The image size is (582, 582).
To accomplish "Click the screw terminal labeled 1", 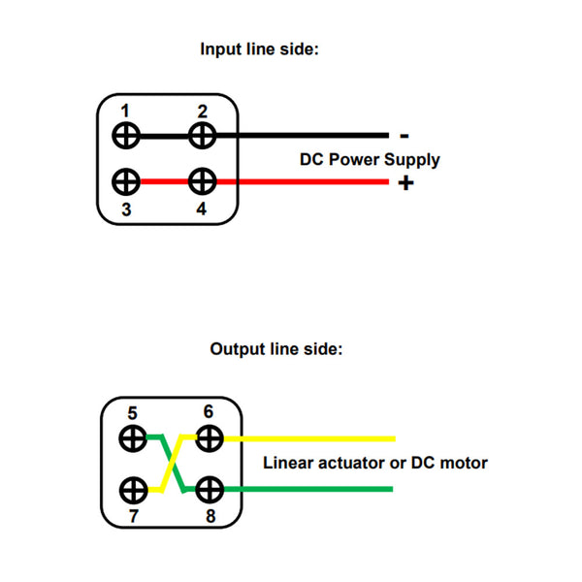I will click(x=127, y=135).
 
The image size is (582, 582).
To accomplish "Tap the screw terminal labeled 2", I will click(x=202, y=135).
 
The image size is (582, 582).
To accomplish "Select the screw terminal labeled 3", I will click(x=127, y=181).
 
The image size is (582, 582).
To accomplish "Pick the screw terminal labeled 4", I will click(x=202, y=181).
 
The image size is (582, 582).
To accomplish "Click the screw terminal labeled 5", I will click(x=133, y=438).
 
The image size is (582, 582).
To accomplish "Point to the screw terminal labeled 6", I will click(x=209, y=438).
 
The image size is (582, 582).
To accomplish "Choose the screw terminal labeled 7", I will click(x=133, y=489).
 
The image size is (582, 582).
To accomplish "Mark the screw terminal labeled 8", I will click(x=209, y=489).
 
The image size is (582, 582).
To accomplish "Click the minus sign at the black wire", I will click(x=404, y=136).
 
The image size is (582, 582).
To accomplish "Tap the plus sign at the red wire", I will click(x=404, y=182).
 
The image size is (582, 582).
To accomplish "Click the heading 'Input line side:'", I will click(x=259, y=48).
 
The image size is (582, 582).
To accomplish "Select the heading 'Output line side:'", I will click(x=276, y=348).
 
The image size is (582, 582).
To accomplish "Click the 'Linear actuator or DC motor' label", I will click(x=374, y=463).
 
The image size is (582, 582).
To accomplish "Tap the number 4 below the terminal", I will click(x=201, y=207).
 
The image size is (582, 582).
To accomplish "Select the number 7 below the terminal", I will click(x=133, y=515).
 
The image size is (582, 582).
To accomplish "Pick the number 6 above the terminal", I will click(x=209, y=412).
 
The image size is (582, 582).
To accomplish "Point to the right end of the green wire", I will click(x=390, y=489).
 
